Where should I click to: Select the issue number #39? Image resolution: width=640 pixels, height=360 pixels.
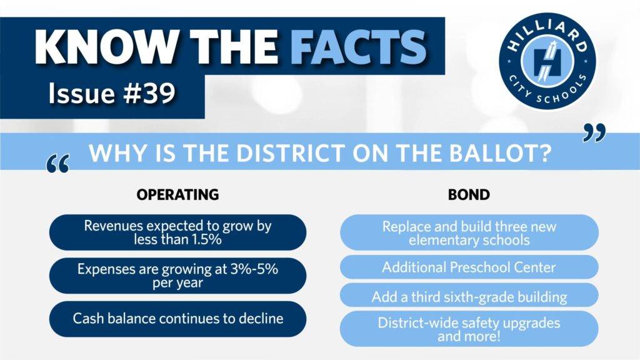pyautogui.click(x=149, y=93)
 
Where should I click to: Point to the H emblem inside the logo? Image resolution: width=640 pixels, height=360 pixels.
pyautogui.click(x=547, y=62)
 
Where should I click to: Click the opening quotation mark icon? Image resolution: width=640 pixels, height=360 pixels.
pyautogui.click(x=58, y=164)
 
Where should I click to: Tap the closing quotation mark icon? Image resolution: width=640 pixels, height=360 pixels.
pyautogui.click(x=594, y=133)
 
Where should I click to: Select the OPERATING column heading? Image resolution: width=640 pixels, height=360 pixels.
pyautogui.click(x=177, y=195)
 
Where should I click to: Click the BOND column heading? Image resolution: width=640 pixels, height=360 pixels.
pyautogui.click(x=469, y=195)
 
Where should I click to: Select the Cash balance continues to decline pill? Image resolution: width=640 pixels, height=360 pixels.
pyautogui.click(x=177, y=319)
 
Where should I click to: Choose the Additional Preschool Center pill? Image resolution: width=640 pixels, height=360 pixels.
pyautogui.click(x=469, y=267)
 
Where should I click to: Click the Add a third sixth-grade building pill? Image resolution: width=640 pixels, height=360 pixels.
pyautogui.click(x=469, y=295)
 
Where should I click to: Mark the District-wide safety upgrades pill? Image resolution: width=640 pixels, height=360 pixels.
pyautogui.click(x=469, y=329)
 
